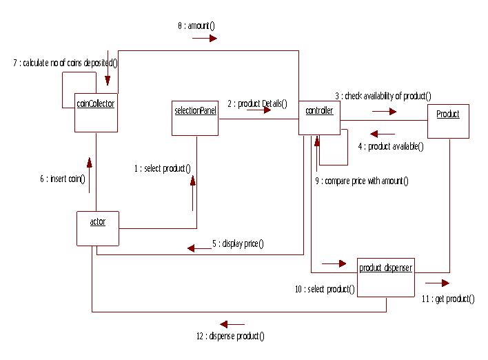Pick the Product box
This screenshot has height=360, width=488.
448,121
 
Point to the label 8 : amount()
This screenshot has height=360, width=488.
196,26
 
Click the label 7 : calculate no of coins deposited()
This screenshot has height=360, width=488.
65,63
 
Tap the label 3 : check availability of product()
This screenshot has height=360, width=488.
383,96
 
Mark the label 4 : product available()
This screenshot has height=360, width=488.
391,146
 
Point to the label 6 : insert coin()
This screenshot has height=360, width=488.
63,179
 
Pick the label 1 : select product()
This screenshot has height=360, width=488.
163,168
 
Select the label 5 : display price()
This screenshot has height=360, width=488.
238,243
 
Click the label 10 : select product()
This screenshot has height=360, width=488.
324,289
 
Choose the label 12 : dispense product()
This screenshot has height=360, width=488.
230,336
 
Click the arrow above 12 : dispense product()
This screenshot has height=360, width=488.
232,323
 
